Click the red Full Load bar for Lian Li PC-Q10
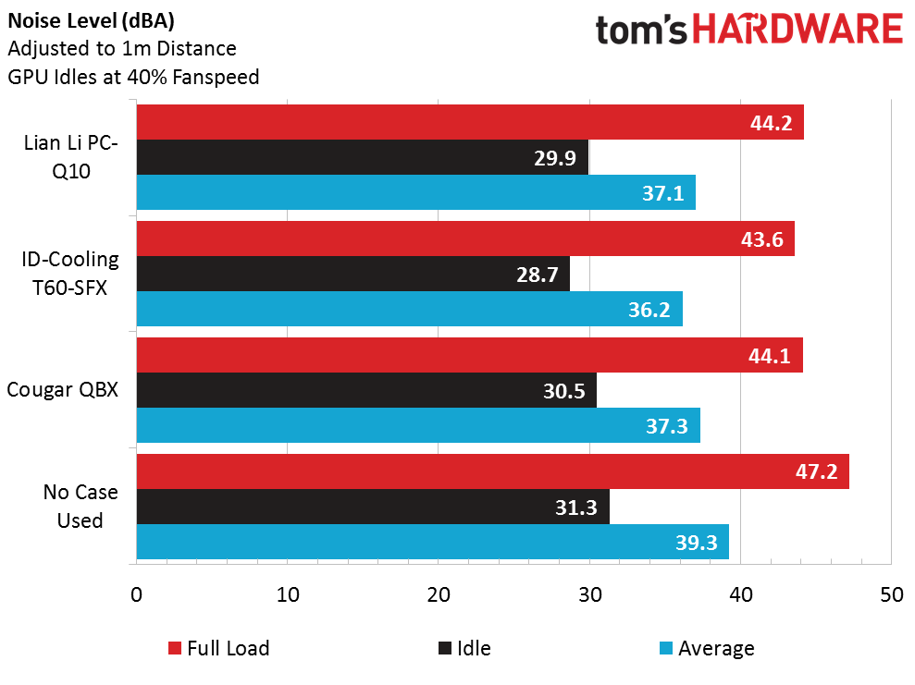pos(470,122)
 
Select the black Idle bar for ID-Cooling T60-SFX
pos(352,274)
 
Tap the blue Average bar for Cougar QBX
pos(418,425)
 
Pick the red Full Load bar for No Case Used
pos(492,471)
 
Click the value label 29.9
pos(555,158)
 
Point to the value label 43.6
pos(762,239)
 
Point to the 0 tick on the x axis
pos(137,595)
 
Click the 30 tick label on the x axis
pos(589,595)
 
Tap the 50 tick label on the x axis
pos(891,595)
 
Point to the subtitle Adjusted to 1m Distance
pos(121,48)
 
